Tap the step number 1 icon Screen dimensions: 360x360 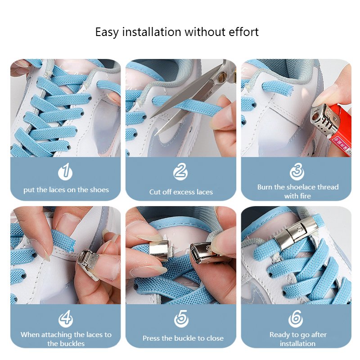pos(66,172)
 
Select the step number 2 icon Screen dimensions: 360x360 pos(181,172)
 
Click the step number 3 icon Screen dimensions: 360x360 pos(297,172)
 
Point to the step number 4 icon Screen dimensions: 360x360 pos(66,319)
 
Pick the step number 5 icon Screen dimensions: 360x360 pos(181,319)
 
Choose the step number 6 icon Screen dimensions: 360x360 pos(297,319)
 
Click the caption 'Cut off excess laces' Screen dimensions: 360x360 pos(181,192)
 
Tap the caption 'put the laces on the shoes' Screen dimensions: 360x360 pos(66,190)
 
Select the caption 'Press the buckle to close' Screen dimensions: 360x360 pos(183,338)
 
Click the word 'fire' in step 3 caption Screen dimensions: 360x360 pos(304,196)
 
